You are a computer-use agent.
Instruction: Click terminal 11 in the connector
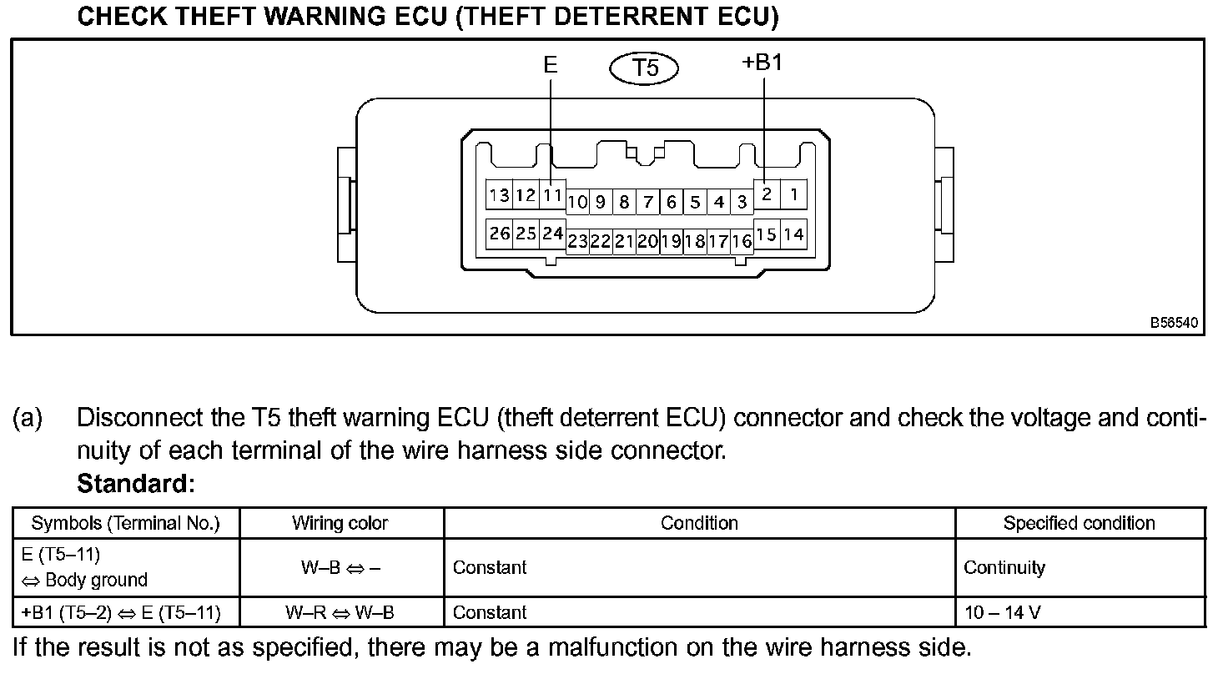pyautogui.click(x=552, y=196)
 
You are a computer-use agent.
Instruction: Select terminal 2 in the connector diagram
pyautogui.click(x=767, y=195)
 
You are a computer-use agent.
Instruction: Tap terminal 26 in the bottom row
pyautogui.click(x=500, y=234)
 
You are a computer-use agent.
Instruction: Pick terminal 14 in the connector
pyautogui.click(x=793, y=234)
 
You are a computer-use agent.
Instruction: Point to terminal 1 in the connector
pyautogui.click(x=793, y=195)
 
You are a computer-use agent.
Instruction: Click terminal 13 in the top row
pyautogui.click(x=500, y=196)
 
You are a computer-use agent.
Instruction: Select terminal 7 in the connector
pyautogui.click(x=647, y=202)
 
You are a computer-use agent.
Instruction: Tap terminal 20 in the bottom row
pyautogui.click(x=647, y=242)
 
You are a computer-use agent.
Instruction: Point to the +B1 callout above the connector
pyautogui.click(x=762, y=63)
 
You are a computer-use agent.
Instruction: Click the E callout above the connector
pyautogui.click(x=550, y=64)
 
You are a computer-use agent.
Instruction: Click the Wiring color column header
pyautogui.click(x=340, y=523)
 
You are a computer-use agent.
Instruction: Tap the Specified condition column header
pyautogui.click(x=1079, y=523)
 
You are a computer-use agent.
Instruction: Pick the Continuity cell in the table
pyautogui.click(x=1004, y=567)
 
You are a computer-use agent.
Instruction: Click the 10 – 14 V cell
pyautogui.click(x=1002, y=613)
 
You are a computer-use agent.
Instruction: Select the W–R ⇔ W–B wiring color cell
pyautogui.click(x=340, y=613)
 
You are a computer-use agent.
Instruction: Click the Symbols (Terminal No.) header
pyautogui.click(x=125, y=523)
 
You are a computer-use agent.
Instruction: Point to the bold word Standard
pyautogui.click(x=135, y=483)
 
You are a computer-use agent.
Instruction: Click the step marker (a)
pyautogui.click(x=27, y=418)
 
